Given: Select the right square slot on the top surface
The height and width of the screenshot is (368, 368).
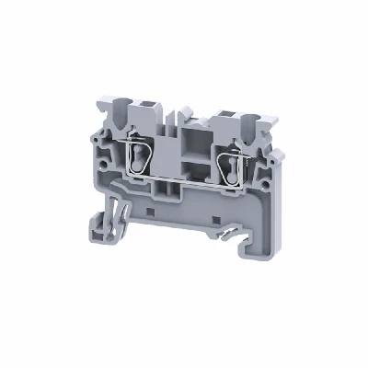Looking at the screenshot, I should coord(224,119).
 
